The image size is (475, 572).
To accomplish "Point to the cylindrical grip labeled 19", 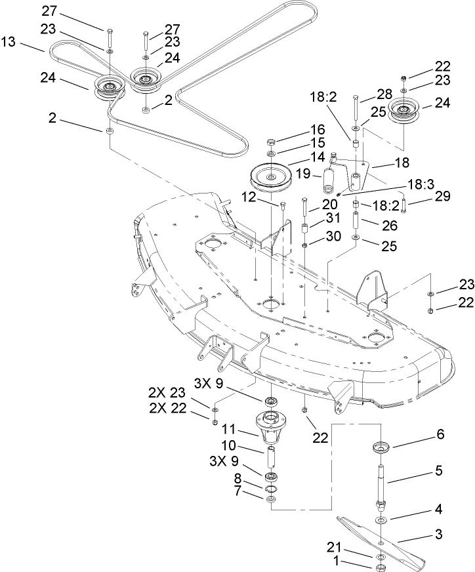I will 330,177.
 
